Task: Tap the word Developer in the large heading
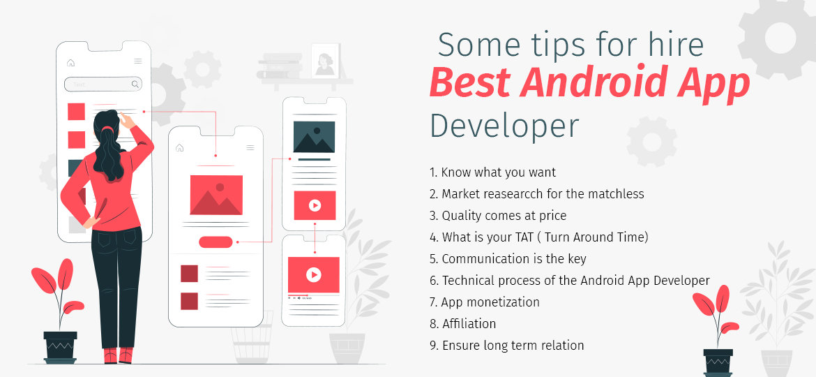pos(504,126)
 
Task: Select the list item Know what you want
pos(492,172)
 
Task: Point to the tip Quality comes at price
pos(497,215)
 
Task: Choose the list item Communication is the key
pos(508,258)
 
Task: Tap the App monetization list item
pos(484,302)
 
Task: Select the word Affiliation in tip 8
pos(469,323)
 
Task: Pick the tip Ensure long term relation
pos(506,345)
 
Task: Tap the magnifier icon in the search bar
pos(135,84)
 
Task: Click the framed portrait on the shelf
pos(324,61)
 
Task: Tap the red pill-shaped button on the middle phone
pos(216,242)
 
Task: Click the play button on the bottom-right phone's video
pos(314,275)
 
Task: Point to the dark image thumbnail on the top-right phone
pos(314,137)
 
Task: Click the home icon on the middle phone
pos(180,148)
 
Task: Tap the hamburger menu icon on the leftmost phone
pos(138,61)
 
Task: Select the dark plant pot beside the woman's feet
pos(60,346)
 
